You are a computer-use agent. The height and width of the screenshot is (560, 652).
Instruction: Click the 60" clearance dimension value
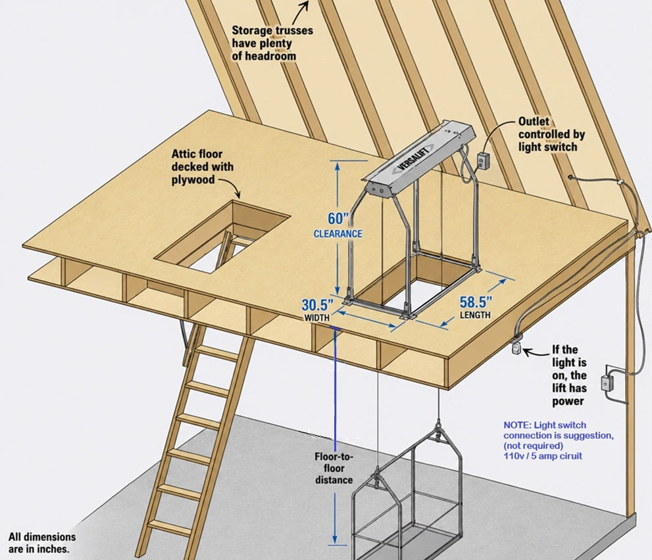coord(338,218)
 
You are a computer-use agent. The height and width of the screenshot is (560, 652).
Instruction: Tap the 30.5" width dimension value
coord(317,305)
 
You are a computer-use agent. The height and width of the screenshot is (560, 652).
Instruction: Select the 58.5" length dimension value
coord(476,302)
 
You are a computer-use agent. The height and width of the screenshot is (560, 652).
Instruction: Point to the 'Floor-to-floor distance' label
coord(334,468)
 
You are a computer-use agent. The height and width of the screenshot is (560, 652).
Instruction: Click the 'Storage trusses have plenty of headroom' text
coord(272,43)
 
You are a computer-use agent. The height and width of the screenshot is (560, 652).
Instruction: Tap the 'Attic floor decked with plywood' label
coord(203,166)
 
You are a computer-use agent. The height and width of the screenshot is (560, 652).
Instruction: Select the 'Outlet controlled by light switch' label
coord(551,134)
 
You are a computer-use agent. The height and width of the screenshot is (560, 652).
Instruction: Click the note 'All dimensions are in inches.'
coord(42,543)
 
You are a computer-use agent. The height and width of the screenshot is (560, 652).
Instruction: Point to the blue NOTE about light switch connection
coord(559,440)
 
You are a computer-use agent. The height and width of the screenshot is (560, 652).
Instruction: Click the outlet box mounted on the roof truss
coord(483,160)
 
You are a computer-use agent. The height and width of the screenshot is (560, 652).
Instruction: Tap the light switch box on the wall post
coord(607,383)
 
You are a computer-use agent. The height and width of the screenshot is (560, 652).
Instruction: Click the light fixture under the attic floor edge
coord(517,346)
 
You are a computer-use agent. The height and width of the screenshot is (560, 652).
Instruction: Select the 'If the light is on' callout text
coord(569,375)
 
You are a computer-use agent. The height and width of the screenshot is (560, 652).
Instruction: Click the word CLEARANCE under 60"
coord(338,234)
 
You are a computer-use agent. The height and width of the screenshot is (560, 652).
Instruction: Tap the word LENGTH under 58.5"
coord(475,315)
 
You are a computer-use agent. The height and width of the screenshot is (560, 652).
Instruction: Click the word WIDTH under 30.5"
coord(317,318)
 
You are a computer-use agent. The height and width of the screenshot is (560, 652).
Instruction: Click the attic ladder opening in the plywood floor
coord(223,236)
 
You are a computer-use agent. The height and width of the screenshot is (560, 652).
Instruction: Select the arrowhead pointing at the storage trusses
coord(306,6)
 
